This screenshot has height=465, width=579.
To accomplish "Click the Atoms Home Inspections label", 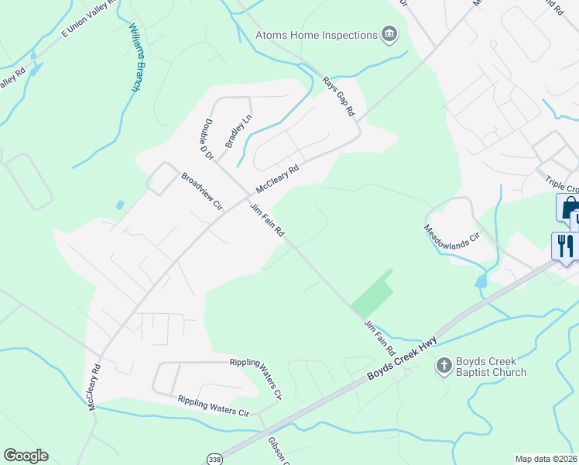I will (316, 35).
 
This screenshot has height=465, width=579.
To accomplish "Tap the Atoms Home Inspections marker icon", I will (389, 34).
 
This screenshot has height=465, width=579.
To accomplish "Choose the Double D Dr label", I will (207, 139).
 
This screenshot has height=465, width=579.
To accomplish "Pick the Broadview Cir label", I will (201, 192).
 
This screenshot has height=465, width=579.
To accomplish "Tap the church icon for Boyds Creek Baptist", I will (444, 363).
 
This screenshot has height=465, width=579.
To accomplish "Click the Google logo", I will (26, 456).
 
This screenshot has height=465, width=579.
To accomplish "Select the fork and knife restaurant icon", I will (564, 246).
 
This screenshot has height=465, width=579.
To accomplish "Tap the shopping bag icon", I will (568, 208).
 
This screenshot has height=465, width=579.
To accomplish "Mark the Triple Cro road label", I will (561, 185).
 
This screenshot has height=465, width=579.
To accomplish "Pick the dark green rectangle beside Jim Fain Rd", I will (372, 293).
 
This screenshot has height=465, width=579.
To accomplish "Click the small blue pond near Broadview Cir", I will (119, 205).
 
